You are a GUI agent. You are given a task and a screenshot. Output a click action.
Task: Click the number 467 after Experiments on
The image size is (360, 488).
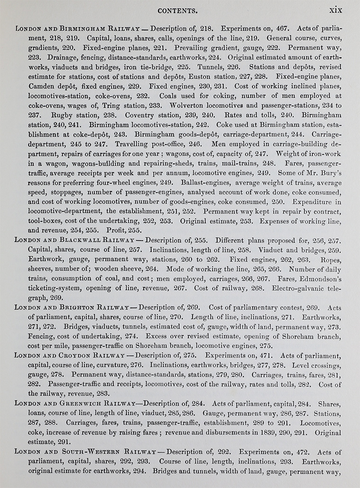[x=278, y=28]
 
